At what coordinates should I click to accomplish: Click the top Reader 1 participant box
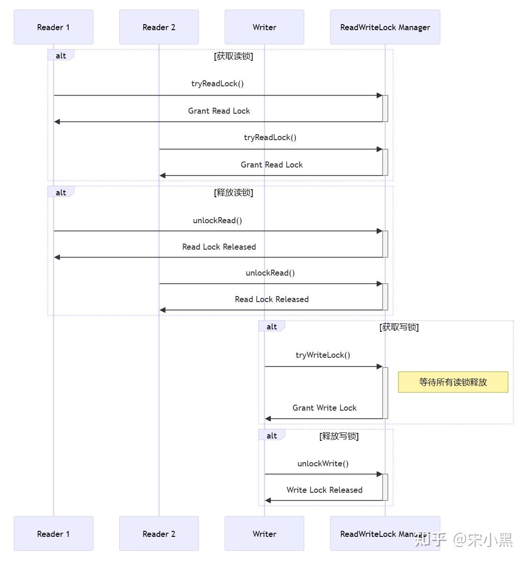[x=53, y=27]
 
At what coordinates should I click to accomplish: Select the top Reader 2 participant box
[x=159, y=27]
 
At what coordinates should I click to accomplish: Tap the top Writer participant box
[x=264, y=27]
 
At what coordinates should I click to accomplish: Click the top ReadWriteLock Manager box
[x=385, y=27]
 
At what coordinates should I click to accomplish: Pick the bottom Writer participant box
[x=264, y=534]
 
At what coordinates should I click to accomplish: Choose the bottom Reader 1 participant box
[x=53, y=534]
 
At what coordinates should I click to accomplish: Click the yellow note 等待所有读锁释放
[x=453, y=382]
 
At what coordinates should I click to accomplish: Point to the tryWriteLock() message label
[x=323, y=355]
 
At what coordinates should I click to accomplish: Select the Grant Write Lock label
[x=324, y=408]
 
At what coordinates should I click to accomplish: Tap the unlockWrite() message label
[x=323, y=464]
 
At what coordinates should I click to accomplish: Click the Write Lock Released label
[x=324, y=490]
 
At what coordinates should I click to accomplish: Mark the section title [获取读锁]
[x=233, y=56]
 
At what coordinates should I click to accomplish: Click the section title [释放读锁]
[x=233, y=193]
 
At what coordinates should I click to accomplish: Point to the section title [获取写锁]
[x=399, y=327]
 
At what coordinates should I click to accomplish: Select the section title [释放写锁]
[x=339, y=436]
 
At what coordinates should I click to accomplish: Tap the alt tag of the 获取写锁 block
[x=271, y=327]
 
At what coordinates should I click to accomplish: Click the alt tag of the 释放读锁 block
[x=61, y=193]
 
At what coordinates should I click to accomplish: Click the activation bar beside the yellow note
[x=385, y=393]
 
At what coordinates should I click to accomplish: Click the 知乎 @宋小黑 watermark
[x=463, y=540]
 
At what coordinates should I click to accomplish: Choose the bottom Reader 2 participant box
[x=159, y=534]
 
